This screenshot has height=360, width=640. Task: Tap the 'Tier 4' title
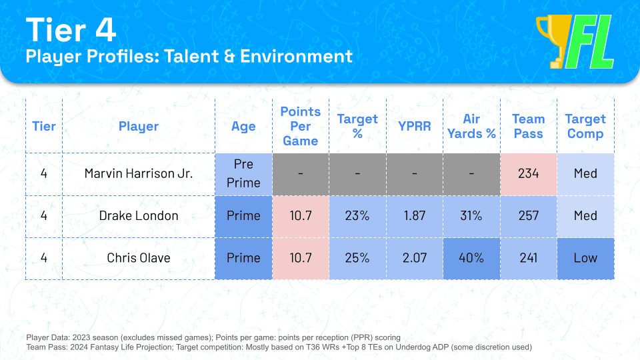click(71, 29)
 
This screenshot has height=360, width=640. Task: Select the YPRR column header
click(414, 126)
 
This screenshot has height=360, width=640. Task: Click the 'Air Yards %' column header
click(471, 126)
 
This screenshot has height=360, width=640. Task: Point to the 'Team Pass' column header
click(529, 126)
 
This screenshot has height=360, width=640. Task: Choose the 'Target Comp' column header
click(585, 126)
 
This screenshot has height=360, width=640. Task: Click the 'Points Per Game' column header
click(301, 126)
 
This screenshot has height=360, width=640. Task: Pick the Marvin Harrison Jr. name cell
click(139, 173)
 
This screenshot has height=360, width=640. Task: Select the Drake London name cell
click(139, 215)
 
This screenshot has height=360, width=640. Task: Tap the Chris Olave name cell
click(139, 258)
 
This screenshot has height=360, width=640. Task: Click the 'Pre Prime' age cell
click(244, 173)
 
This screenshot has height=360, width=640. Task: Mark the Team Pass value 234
click(529, 173)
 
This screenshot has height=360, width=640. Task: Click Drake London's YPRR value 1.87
click(415, 215)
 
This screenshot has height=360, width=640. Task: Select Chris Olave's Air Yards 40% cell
click(471, 258)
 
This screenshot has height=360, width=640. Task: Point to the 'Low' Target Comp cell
click(585, 258)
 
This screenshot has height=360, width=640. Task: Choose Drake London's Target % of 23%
click(357, 215)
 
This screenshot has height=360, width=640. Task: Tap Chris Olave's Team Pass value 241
click(529, 258)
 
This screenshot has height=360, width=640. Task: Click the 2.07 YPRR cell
click(415, 258)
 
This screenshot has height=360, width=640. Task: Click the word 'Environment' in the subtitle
click(296, 56)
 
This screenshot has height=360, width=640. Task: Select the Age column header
click(244, 127)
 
